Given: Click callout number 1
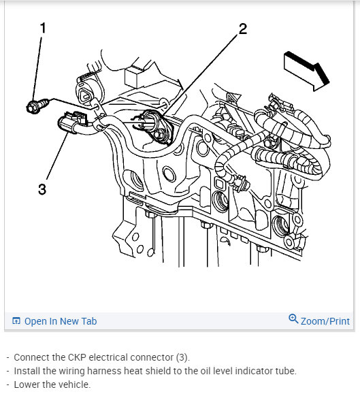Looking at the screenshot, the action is tap(43, 28).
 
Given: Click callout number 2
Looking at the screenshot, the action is tap(243, 29).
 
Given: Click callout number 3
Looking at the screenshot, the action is tap(42, 189).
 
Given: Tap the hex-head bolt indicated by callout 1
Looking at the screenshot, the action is tap(37, 105).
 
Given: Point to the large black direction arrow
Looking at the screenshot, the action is tap(307, 71).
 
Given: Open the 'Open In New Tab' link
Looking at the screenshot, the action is tap(61, 321).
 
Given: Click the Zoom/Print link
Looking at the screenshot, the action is tap(325, 321).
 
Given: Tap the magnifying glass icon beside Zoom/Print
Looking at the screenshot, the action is tap(293, 318).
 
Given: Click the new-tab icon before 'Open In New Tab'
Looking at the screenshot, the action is tap(16, 321).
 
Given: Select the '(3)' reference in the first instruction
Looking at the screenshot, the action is tap(182, 357).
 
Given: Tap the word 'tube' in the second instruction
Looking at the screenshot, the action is tap(286, 371).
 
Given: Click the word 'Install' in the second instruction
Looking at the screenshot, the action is tap(27, 371).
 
